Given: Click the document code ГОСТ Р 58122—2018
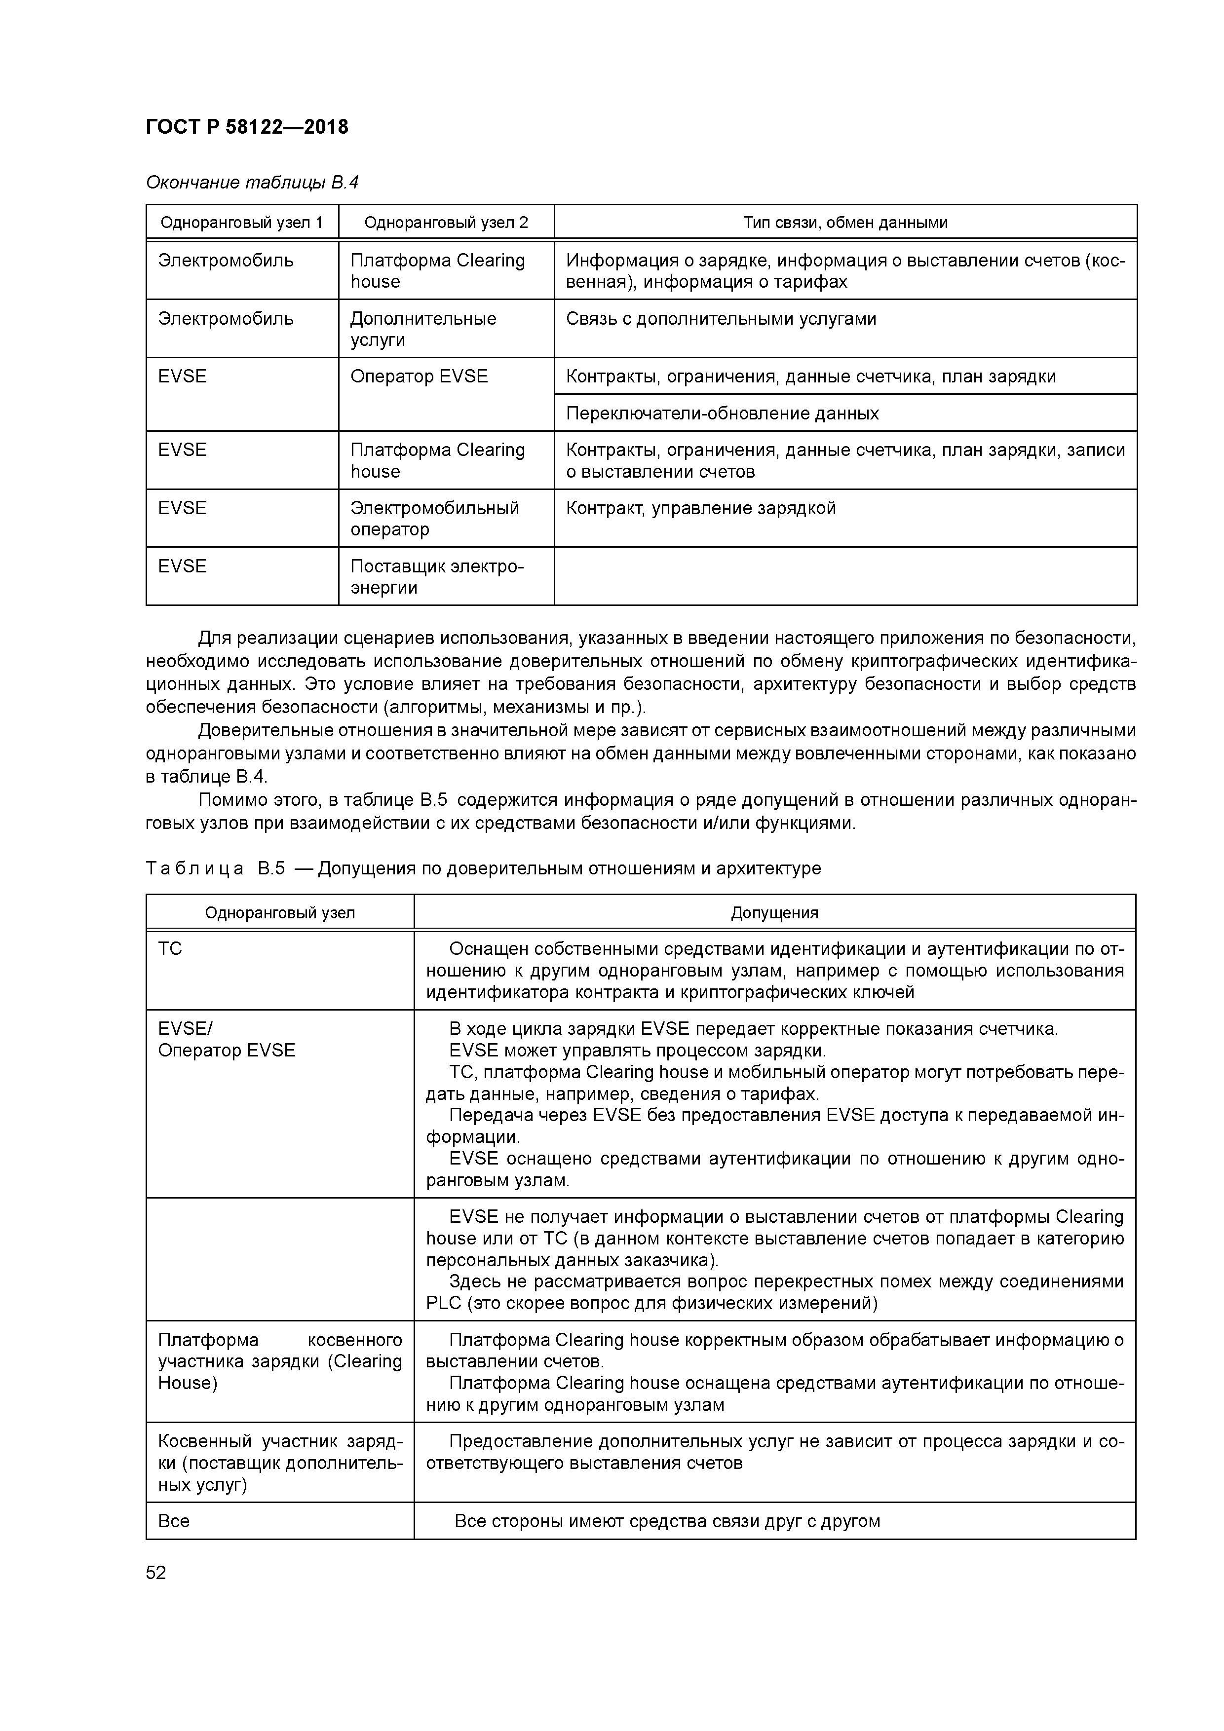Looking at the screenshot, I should [247, 127].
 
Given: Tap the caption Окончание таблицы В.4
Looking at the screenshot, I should [252, 183].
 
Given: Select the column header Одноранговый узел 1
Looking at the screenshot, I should [241, 223].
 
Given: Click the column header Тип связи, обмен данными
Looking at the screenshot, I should [844, 223].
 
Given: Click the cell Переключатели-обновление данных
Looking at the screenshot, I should [722, 413].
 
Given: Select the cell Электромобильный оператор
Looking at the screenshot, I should [434, 518].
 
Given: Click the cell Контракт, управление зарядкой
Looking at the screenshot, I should [701, 508].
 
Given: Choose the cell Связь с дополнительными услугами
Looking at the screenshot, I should [721, 319].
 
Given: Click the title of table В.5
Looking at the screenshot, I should [483, 868].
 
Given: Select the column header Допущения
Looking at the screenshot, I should [774, 913].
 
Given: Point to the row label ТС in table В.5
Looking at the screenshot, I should [170, 948].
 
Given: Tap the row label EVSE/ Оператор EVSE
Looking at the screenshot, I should [226, 1040].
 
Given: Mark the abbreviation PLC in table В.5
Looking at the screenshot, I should [443, 1304].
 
